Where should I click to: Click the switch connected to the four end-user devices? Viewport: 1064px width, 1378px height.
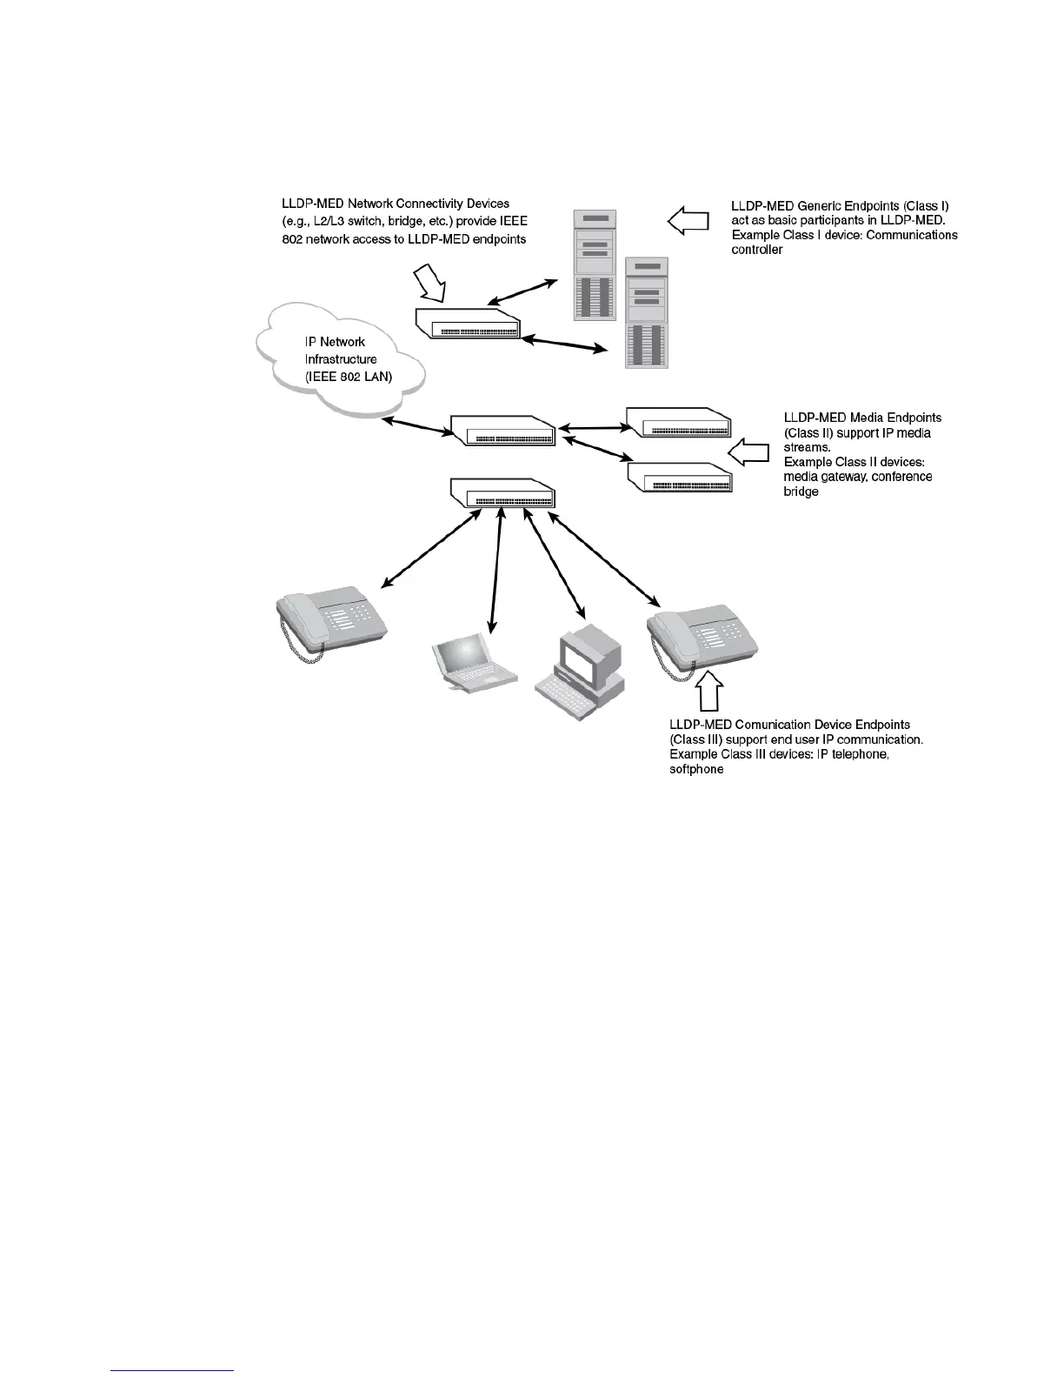tap(502, 493)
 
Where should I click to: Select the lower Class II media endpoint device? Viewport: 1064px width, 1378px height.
tap(679, 478)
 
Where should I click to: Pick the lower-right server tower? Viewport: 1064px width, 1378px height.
tap(647, 313)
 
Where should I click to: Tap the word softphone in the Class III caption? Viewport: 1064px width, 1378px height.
tap(696, 770)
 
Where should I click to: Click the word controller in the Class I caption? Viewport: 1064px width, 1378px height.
tap(757, 250)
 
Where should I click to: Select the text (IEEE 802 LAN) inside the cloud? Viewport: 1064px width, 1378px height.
tap(348, 377)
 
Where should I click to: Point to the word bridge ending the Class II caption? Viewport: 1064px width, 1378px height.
tap(801, 492)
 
